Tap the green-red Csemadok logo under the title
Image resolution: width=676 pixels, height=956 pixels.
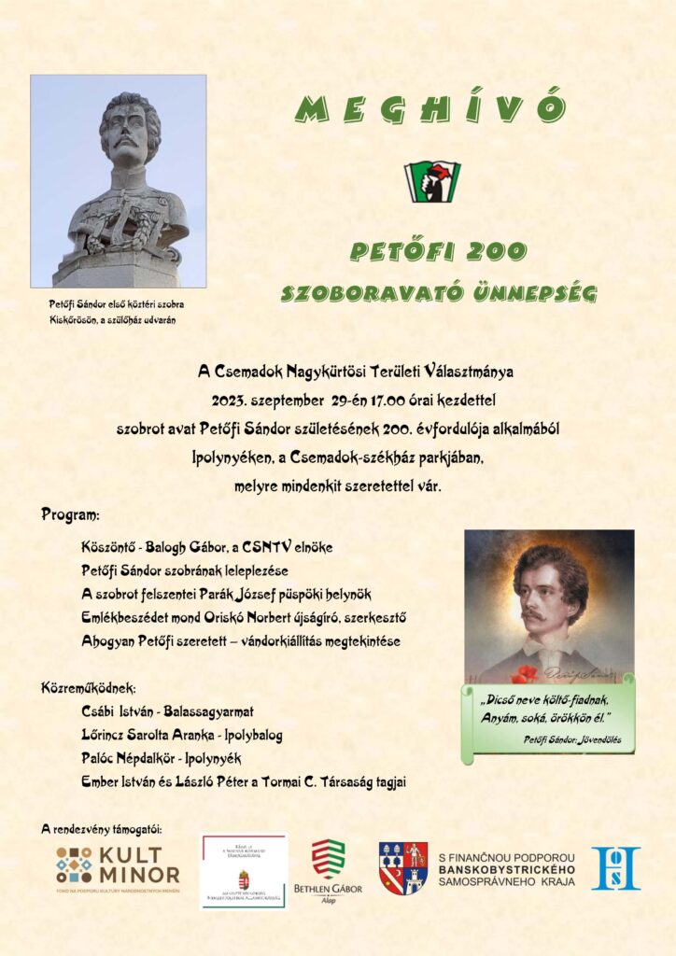pyautogui.click(x=432, y=181)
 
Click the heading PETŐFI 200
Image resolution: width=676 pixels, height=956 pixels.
pyautogui.click(x=438, y=251)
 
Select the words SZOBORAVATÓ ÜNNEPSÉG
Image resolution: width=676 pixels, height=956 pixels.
pyautogui.click(x=439, y=294)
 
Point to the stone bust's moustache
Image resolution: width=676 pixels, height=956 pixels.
pyautogui.click(x=127, y=147)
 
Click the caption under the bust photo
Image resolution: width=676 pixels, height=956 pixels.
pyautogui.click(x=117, y=312)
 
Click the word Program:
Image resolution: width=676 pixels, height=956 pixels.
pyautogui.click(x=71, y=514)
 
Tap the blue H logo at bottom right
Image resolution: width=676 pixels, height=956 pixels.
pyautogui.click(x=615, y=868)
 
